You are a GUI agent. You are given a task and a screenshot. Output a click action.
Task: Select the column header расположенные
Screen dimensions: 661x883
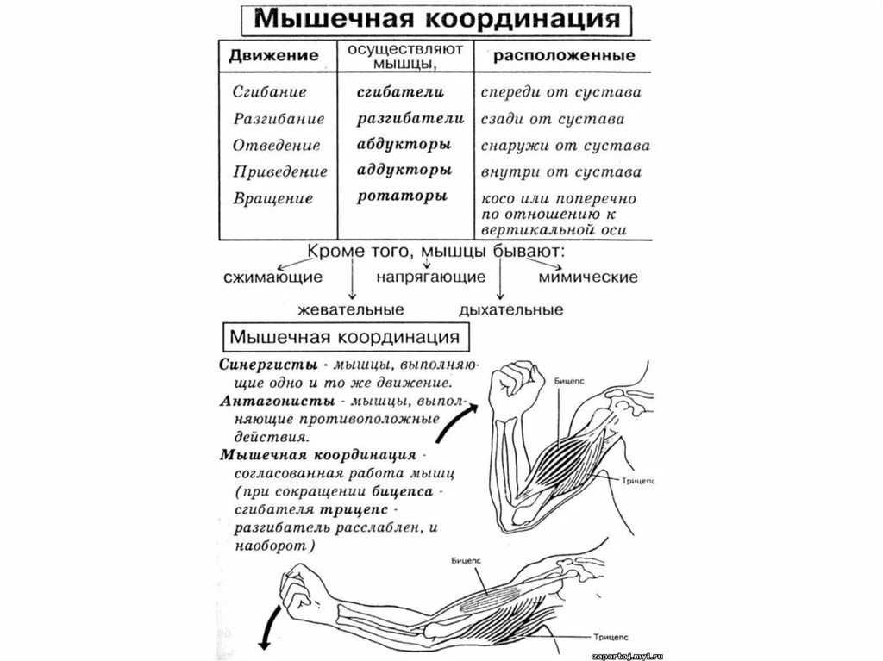click(564, 55)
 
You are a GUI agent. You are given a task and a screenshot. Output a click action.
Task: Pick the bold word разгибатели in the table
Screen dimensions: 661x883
click(410, 118)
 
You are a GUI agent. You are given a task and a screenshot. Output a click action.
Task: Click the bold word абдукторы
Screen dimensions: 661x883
click(404, 144)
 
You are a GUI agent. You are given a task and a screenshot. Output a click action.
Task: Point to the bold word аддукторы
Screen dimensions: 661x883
click(404, 170)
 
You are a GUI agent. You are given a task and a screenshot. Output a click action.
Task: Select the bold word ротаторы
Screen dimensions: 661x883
click(402, 196)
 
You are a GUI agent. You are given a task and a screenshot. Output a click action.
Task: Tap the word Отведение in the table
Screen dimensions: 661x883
click(276, 145)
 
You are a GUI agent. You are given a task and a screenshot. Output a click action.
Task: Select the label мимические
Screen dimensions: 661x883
click(588, 277)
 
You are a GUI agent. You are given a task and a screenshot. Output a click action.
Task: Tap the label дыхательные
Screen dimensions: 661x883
click(511, 309)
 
